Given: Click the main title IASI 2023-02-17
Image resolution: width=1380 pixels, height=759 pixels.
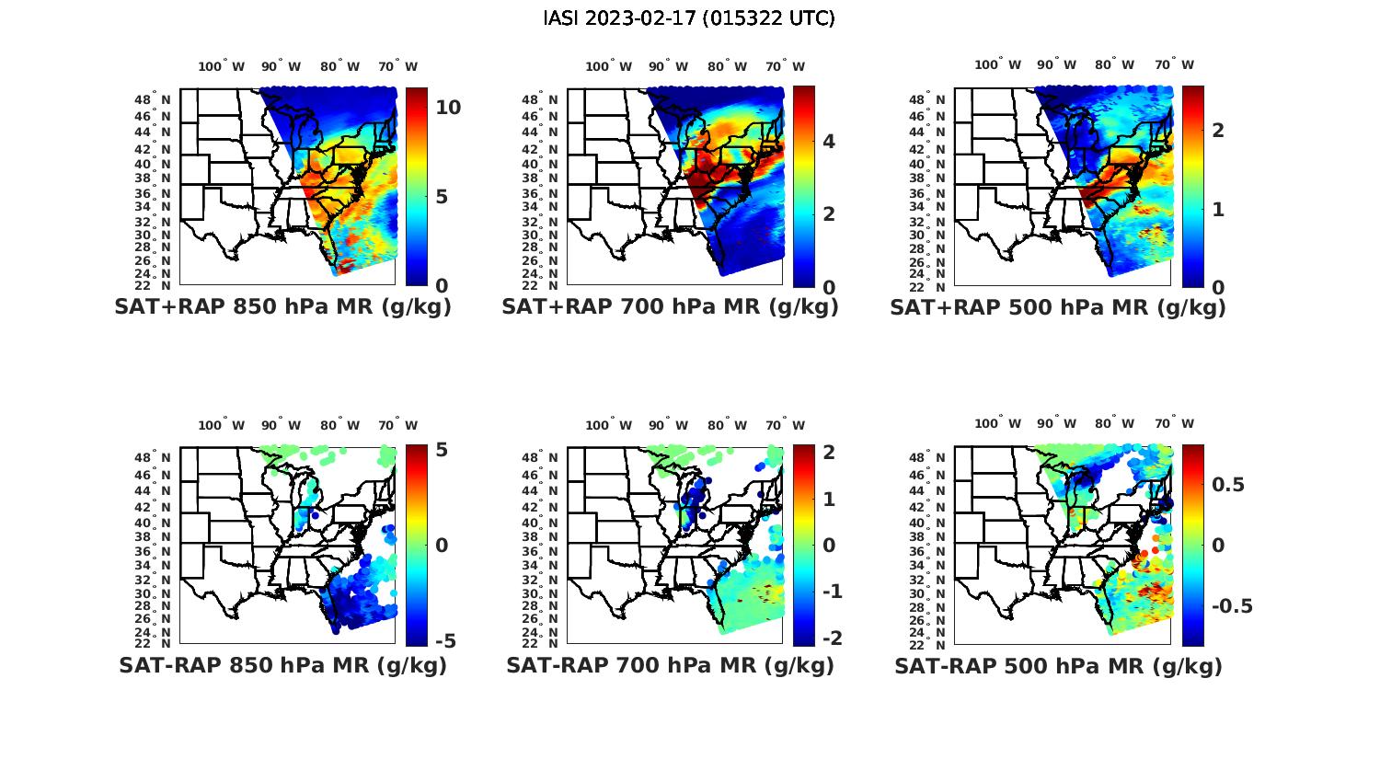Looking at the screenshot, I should pyautogui.click(x=689, y=18).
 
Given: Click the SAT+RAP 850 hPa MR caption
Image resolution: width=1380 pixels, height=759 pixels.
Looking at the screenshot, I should pyautogui.click(x=282, y=307).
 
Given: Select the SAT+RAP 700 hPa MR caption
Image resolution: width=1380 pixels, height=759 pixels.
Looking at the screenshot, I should pyautogui.click(x=670, y=307).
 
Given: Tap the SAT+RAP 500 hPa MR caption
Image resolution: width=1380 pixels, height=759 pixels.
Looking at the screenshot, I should pyautogui.click(x=1058, y=308).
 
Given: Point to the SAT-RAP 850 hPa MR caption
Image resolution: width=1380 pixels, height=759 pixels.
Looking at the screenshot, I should pyautogui.click(x=282, y=665).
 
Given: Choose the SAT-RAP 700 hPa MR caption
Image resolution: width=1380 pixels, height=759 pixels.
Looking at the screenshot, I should pyautogui.click(x=670, y=665).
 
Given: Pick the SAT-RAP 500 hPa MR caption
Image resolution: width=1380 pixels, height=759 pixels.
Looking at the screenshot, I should pyautogui.click(x=1058, y=666).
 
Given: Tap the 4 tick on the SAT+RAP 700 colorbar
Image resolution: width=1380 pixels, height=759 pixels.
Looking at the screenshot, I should pyautogui.click(x=829, y=141).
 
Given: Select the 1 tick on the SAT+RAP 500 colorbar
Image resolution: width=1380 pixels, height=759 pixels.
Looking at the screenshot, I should pyautogui.click(x=1218, y=209).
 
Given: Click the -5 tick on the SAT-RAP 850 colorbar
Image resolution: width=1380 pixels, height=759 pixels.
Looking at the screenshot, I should pyautogui.click(x=445, y=641).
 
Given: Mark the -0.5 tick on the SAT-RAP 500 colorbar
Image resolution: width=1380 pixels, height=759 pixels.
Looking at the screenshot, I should pyautogui.click(x=1232, y=605).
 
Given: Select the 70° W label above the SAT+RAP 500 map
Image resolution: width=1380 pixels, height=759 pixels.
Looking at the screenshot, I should pyautogui.click(x=1175, y=64).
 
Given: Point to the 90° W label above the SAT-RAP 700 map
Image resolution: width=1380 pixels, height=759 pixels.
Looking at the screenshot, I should pyautogui.click(x=668, y=425).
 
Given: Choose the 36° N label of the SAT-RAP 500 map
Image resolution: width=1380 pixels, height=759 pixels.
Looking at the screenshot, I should pyautogui.click(x=935, y=551).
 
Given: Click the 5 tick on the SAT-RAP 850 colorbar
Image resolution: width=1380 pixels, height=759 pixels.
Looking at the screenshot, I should pyautogui.click(x=441, y=451).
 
